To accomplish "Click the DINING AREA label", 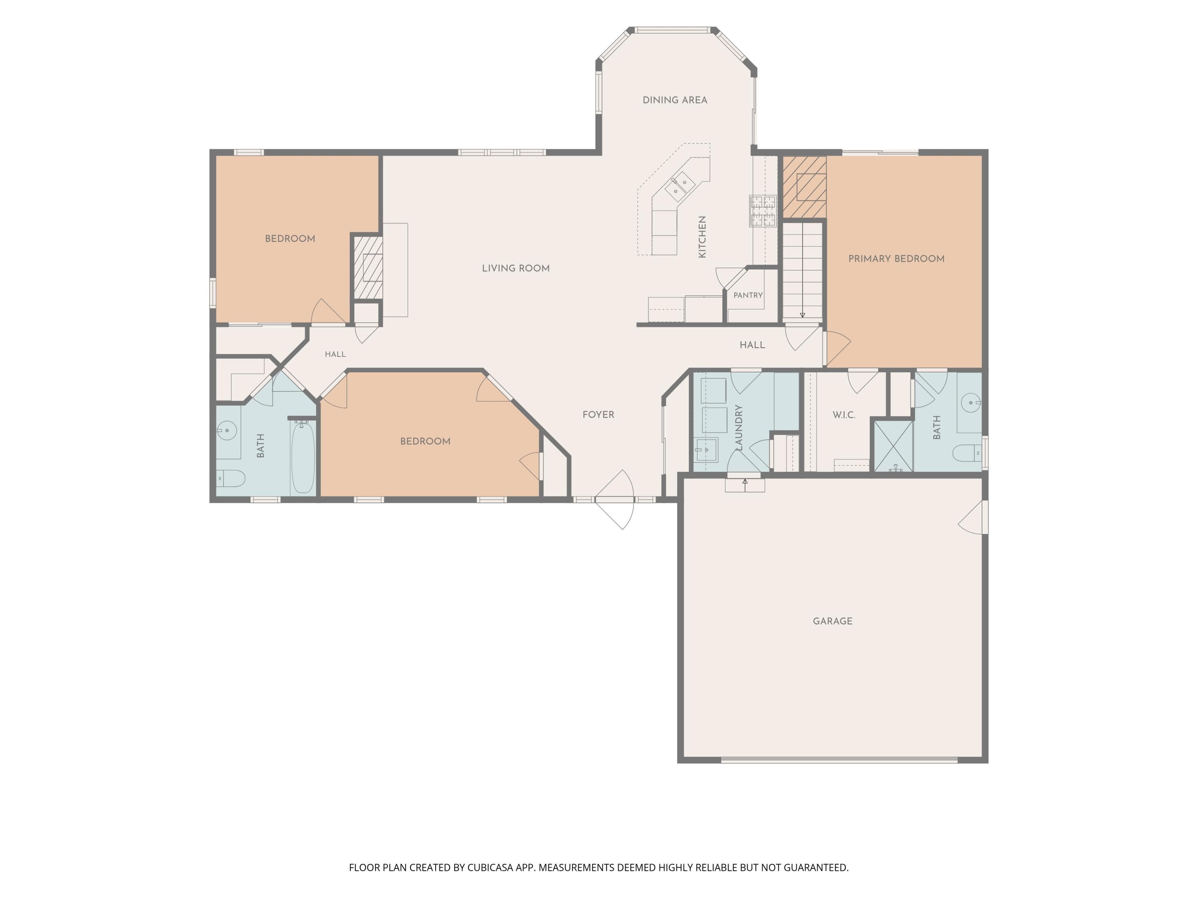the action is tap(675, 100).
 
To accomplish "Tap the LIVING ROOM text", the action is tap(516, 269).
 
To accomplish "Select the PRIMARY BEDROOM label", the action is tap(897, 259).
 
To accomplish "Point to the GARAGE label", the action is tap(833, 621).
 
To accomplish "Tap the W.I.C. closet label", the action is tap(844, 415).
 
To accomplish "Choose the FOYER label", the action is tap(599, 415).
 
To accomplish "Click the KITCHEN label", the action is tap(702, 237).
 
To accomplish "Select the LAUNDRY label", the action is tap(738, 427).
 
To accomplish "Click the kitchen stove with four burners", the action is tap(763, 211).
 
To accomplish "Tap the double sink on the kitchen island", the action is tap(680, 186).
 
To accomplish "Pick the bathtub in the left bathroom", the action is tap(303, 457).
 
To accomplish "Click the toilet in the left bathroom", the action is tap(231, 479).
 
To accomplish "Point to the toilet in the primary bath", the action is tap(967, 453).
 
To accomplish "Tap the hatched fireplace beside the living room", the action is tap(368, 267).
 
